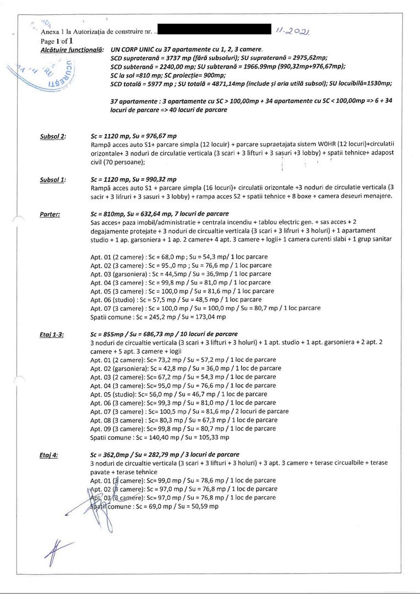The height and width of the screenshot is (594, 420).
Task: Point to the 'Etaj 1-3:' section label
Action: tap(52, 334)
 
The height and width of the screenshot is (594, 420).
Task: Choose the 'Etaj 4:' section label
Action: tap(49, 455)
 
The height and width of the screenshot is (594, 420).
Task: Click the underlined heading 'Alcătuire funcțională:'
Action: tap(73, 50)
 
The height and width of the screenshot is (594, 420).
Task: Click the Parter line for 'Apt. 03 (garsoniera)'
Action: tap(181, 274)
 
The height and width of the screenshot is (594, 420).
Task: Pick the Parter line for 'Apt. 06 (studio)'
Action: tap(176, 300)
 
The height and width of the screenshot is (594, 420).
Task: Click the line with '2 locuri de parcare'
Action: tap(189, 411)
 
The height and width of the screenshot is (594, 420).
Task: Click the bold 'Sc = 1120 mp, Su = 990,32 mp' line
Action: tap(133, 179)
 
